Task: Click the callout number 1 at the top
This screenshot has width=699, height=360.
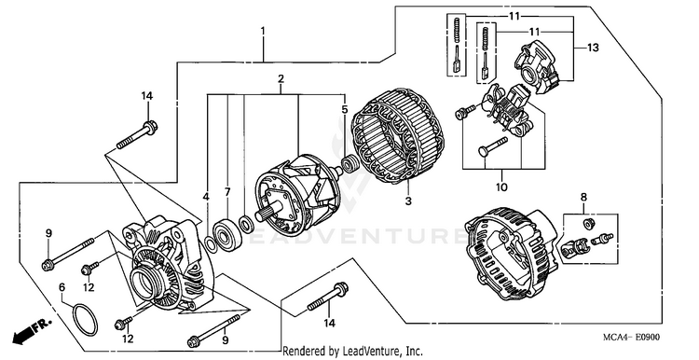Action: (263, 31)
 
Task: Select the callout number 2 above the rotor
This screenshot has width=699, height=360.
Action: (281, 79)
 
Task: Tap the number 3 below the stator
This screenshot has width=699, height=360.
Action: (408, 201)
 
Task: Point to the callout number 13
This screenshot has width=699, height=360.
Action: (593, 48)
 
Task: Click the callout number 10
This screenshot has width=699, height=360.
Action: (501, 187)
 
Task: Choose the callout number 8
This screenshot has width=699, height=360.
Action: (583, 197)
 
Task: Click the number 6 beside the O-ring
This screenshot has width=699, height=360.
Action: (62, 286)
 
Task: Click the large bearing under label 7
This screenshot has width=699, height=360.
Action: (226, 234)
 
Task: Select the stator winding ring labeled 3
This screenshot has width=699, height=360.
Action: (398, 136)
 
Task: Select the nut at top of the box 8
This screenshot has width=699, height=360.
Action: (588, 224)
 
